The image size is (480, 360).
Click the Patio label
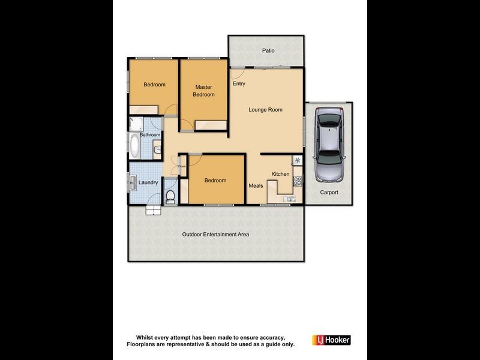tap(268, 51)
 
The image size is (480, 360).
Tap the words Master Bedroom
tap(204, 91)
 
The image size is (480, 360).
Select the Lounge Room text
tap(265, 110)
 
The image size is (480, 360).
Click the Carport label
tap(329, 193)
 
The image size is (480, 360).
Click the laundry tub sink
tap(132, 182)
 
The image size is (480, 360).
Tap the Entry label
tap(239, 84)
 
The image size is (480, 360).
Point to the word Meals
tap(256, 185)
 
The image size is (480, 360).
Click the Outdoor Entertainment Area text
tap(215, 235)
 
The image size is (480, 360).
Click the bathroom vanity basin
tap(157, 149)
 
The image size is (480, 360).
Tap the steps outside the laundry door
tap(152, 209)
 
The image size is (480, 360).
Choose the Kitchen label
tap(280, 174)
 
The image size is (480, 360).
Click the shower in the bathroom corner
tap(134, 124)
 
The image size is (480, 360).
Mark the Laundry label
tap(148, 182)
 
